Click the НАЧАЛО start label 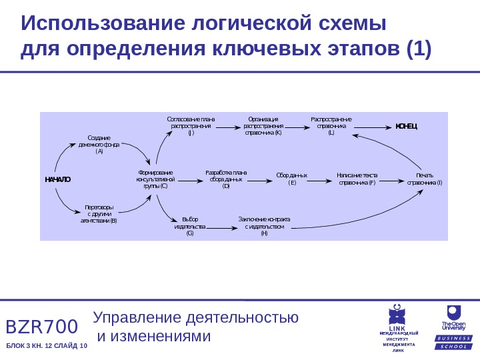pyautogui.click(x=57, y=180)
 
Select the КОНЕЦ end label pyautogui.click(x=406, y=126)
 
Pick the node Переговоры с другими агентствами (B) pyautogui.click(x=99, y=213)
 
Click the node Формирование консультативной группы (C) pyautogui.click(x=155, y=179)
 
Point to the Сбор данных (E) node pyautogui.click(x=291, y=179)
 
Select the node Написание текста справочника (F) pyautogui.click(x=357, y=179)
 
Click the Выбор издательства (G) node pyautogui.click(x=190, y=227)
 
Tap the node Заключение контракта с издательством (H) pyautogui.click(x=264, y=227)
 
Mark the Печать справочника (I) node pyautogui.click(x=424, y=179)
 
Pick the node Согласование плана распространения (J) pyautogui.click(x=191, y=125)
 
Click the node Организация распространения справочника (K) pyautogui.click(x=263, y=125)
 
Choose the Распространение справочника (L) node pyautogui.click(x=331, y=125)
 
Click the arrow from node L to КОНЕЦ pyautogui.click(x=373, y=126)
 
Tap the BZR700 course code pyautogui.click(x=42, y=327)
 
